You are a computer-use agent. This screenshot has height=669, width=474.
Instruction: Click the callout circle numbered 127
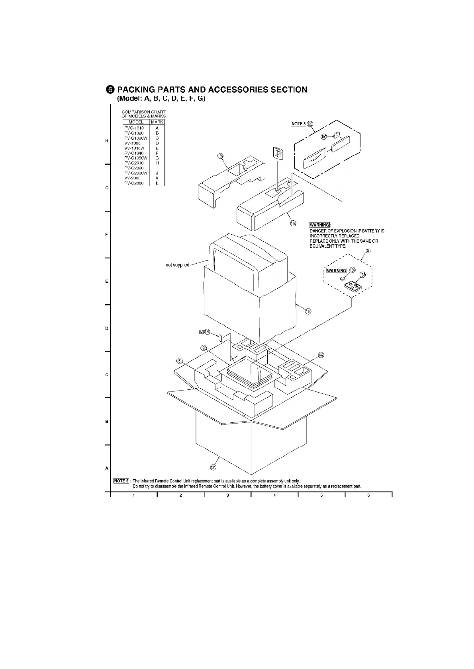213,467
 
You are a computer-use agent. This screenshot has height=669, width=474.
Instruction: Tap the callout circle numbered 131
180,361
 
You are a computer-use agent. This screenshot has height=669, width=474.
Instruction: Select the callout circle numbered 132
321,355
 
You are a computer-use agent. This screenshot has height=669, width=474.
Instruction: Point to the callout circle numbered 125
293,223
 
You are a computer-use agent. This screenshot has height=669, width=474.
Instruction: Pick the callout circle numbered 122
204,348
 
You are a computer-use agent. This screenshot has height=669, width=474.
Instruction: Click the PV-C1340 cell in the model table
134,153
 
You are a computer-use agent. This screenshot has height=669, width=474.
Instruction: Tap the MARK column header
157,122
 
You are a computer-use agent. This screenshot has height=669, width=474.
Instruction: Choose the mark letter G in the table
157,158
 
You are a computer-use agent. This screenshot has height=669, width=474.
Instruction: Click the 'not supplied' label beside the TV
177,265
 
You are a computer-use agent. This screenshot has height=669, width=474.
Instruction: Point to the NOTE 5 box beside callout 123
298,124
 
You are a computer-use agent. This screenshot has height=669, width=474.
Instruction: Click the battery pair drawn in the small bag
278,153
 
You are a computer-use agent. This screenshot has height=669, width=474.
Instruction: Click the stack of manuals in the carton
250,375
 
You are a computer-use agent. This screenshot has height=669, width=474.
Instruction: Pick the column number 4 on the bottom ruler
275,495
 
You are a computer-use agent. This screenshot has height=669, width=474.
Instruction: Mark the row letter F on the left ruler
106,235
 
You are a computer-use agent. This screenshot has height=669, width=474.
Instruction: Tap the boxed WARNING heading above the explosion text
319,225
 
